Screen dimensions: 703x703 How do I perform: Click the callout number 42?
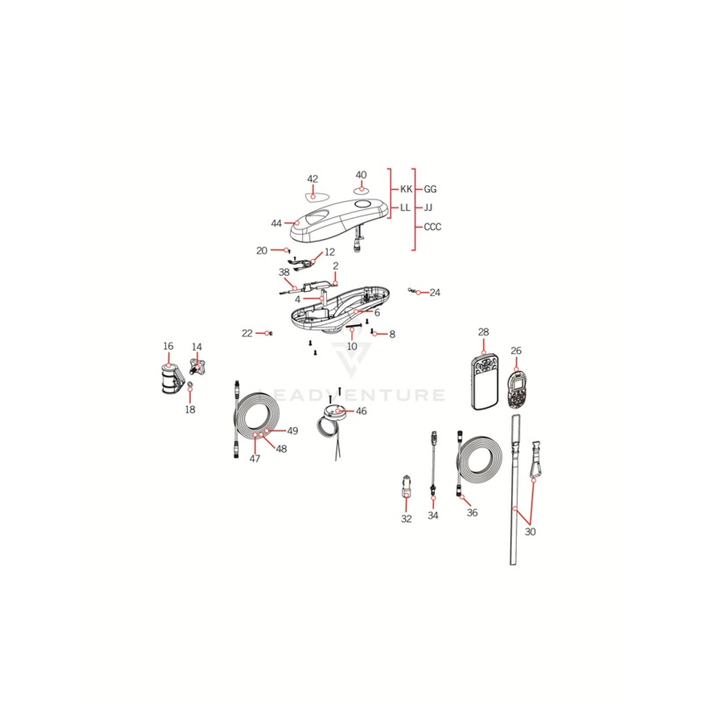tap(312, 178)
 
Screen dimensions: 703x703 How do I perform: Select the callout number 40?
tap(361, 175)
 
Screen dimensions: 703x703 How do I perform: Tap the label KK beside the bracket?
tap(405, 189)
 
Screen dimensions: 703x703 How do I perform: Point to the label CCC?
tap(432, 227)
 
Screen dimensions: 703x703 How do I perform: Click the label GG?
tap(430, 189)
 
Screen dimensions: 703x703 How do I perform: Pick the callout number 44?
tap(277, 223)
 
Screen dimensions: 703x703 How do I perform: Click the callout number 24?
tap(435, 293)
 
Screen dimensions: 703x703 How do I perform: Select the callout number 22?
tap(247, 333)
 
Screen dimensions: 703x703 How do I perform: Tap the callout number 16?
tap(168, 346)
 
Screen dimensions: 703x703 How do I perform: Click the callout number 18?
tap(190, 409)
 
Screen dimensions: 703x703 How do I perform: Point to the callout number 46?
tap(361, 410)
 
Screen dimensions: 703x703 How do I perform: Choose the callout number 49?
tap(293, 431)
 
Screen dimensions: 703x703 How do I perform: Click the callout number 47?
tap(255, 459)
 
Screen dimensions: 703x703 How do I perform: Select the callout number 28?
tap(483, 332)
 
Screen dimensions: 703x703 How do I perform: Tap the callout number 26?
tap(516, 351)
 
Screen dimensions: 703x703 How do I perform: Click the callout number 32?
tap(406, 519)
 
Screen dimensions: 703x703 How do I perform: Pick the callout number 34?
tap(433, 516)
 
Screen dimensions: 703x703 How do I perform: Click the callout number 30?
tap(530, 531)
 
